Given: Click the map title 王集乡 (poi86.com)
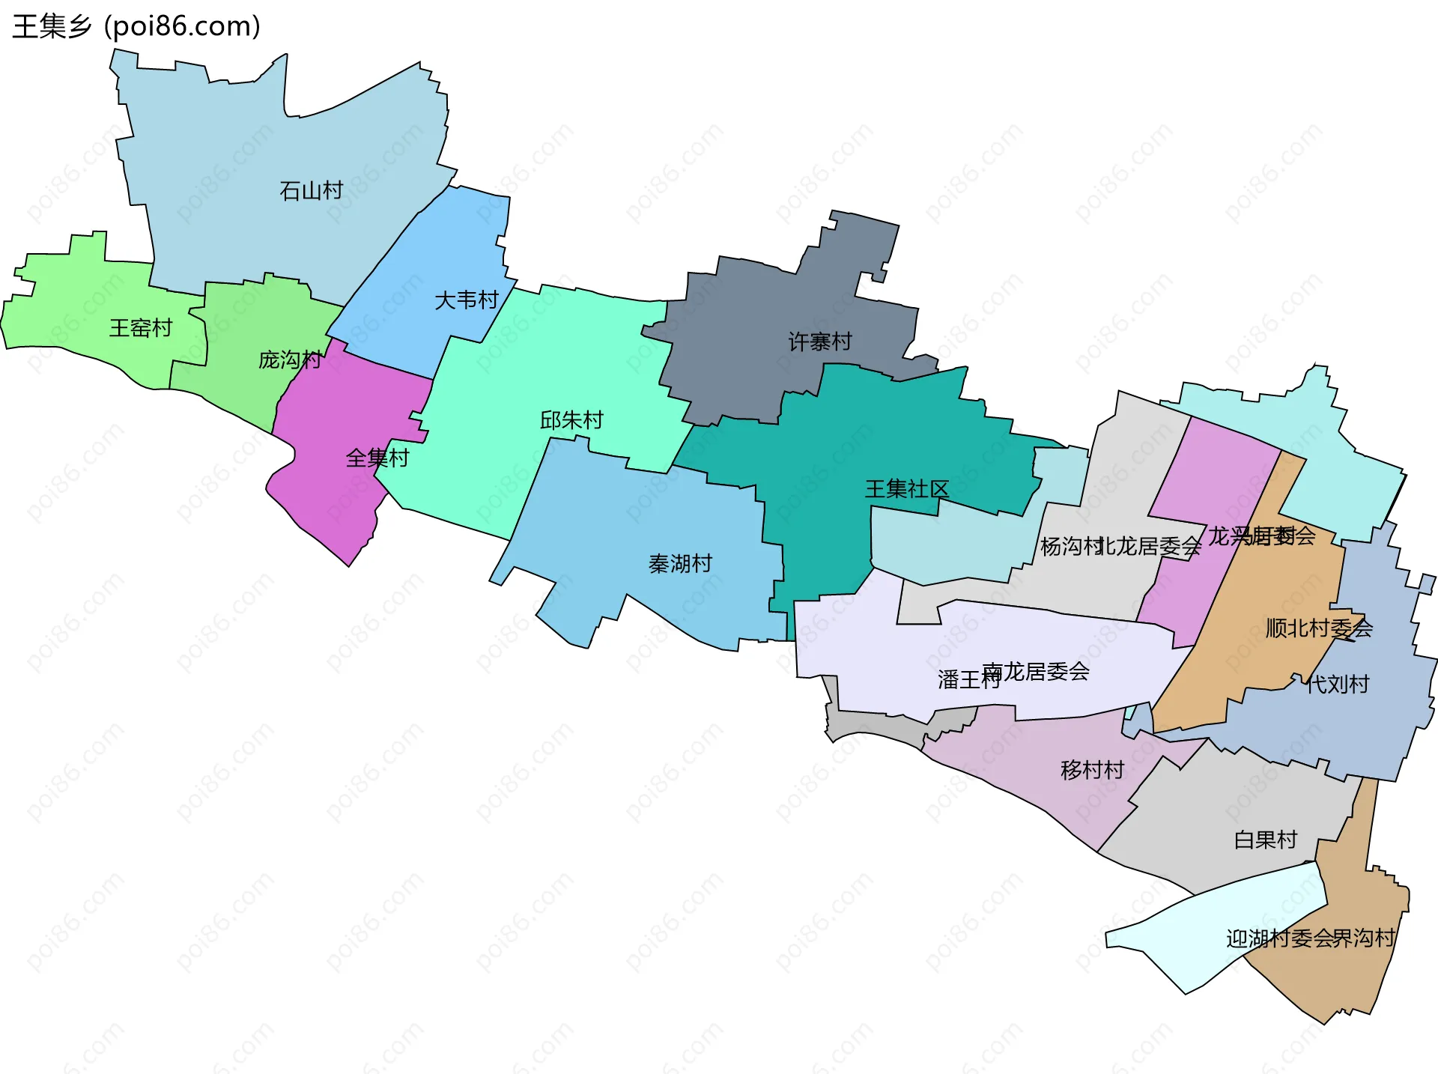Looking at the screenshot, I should pos(136,27).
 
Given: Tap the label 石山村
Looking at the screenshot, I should pos(311,191).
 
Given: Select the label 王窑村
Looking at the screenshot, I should pos(141,328).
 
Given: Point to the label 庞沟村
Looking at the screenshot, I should pos(290,360).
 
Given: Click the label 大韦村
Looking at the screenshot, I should pos(466,300).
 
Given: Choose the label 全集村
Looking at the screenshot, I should pos(377,458).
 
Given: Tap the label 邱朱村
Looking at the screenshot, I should pos(571,420).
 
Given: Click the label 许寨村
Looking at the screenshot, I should pos(820,342).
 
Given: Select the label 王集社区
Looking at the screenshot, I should pos(906,489).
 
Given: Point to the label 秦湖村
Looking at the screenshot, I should pos(680,564).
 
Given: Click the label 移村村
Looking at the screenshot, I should pos(1092,770).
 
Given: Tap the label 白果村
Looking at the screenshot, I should pos(1266,840).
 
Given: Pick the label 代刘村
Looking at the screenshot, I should pos(1338,684).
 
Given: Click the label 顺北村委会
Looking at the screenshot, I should pos(1318,628).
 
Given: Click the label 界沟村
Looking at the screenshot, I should pos(1365,938).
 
